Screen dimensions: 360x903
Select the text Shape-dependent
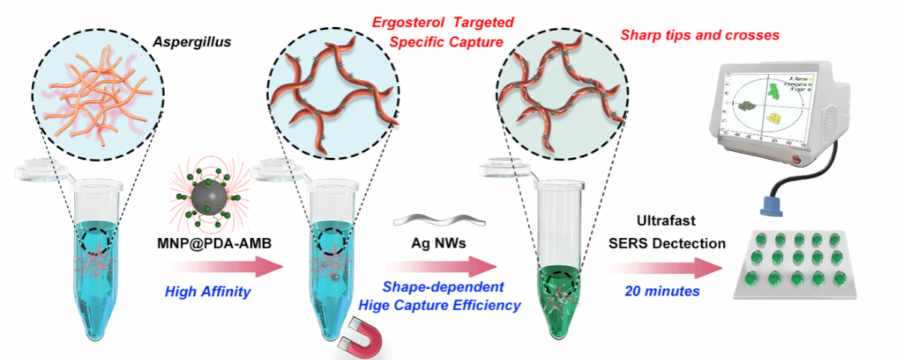pyautogui.click(x=443, y=287)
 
